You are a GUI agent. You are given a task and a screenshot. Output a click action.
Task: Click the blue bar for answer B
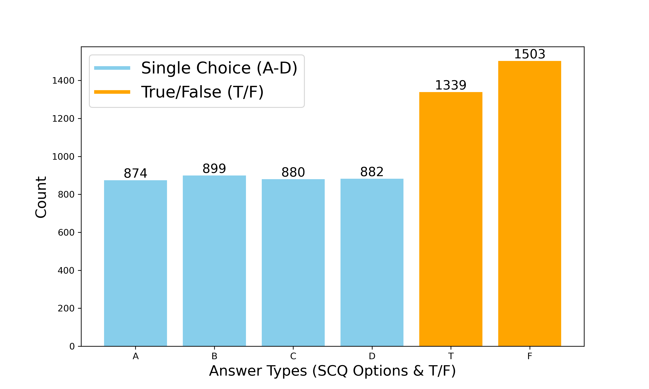214,261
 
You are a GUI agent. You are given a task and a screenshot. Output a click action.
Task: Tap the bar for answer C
293,262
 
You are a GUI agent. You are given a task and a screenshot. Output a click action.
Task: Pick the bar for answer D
372,262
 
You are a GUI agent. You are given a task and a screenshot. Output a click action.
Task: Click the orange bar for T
451,219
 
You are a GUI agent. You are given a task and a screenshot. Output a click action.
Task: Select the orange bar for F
529,203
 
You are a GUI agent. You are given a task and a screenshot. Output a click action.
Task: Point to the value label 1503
529,54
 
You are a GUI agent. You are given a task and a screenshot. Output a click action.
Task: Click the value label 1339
451,85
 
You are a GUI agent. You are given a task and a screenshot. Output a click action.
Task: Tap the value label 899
214,169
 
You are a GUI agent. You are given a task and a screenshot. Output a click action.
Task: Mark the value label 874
135,173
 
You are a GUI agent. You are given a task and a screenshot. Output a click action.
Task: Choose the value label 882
372,172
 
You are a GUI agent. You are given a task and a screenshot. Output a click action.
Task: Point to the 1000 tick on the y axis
63,157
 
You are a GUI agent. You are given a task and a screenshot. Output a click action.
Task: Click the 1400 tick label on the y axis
63,81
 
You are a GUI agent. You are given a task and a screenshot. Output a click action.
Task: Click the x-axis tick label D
372,356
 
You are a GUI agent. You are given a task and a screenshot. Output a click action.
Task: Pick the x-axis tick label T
451,356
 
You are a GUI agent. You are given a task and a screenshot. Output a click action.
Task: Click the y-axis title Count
41,197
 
